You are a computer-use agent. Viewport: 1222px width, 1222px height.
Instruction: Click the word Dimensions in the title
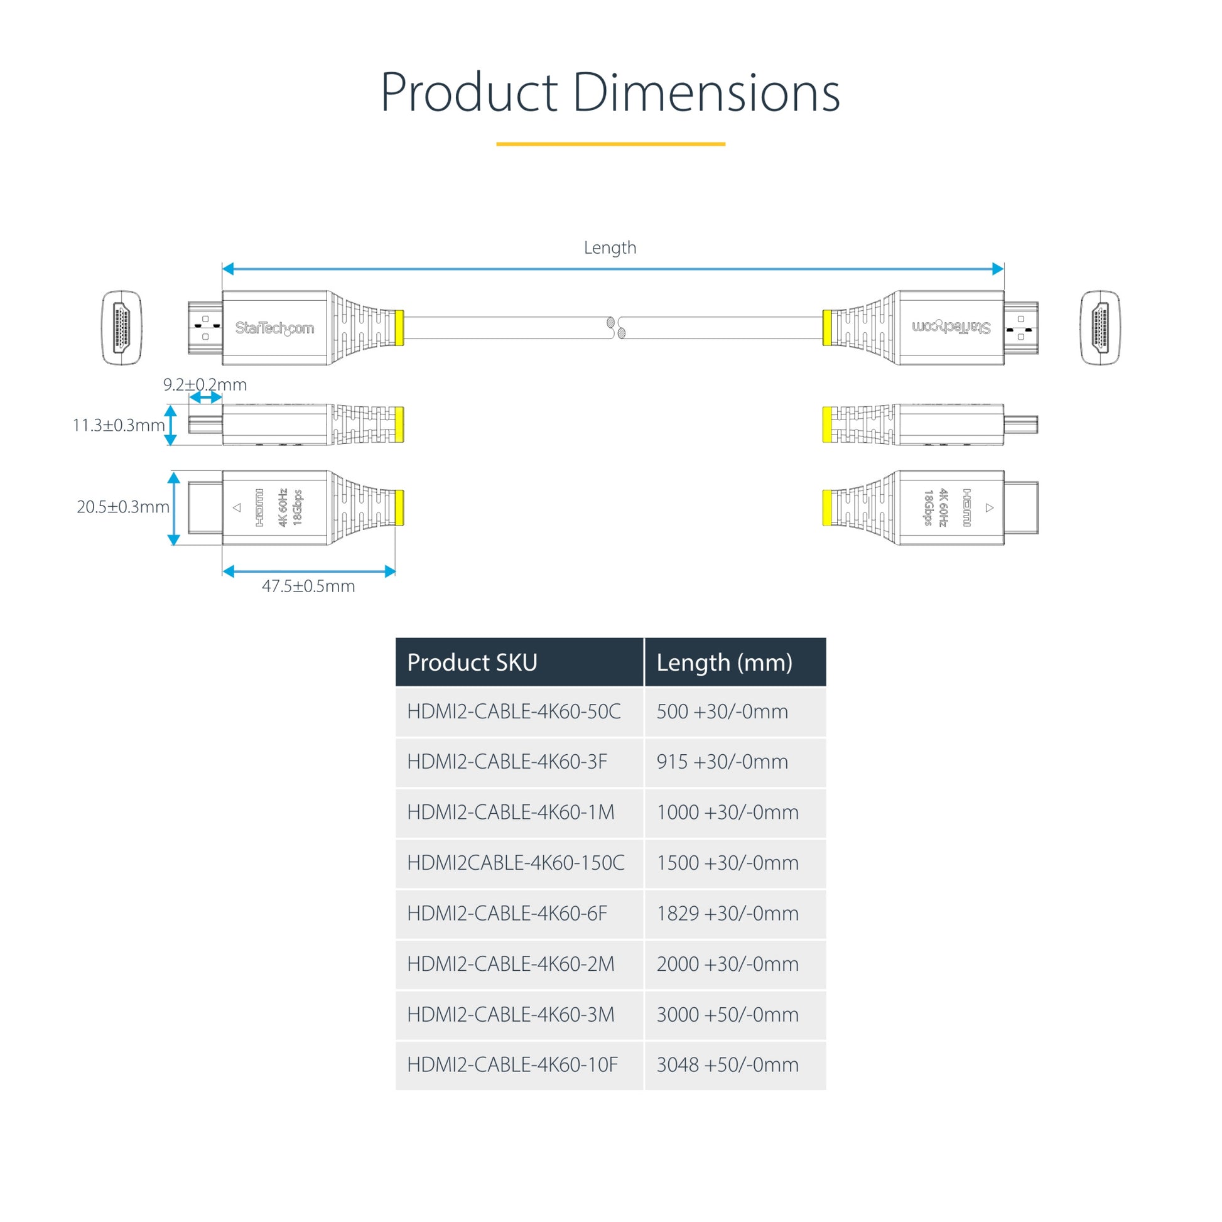click(706, 92)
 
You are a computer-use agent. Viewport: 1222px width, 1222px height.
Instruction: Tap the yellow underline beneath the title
click(610, 144)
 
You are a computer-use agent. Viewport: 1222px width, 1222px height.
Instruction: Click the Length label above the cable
click(610, 247)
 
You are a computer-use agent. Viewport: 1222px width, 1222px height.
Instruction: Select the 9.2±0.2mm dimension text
click(204, 384)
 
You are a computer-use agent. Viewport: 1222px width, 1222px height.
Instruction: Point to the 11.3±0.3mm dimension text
click(118, 425)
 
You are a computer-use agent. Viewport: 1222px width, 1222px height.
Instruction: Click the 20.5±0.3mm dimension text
click(122, 507)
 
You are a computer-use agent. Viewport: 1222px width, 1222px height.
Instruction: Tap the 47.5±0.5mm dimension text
click(308, 586)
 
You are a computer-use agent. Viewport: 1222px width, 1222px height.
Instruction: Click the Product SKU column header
click(472, 662)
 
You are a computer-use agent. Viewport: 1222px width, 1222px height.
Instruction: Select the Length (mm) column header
click(724, 662)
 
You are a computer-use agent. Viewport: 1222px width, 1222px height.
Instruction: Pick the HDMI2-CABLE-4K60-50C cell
click(514, 711)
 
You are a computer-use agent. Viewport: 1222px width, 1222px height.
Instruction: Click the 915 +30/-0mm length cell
click(722, 762)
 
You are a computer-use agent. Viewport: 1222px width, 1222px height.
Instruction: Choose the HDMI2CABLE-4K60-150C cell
click(516, 863)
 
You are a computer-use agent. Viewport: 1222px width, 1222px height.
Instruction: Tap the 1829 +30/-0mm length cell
click(727, 913)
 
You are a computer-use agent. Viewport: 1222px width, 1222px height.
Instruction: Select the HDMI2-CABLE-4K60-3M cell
click(511, 1015)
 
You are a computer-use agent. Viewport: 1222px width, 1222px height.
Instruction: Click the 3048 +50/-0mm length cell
click(727, 1064)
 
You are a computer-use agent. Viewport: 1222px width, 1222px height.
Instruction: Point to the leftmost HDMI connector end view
click(122, 328)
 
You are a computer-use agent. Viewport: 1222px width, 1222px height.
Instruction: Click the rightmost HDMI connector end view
click(1100, 328)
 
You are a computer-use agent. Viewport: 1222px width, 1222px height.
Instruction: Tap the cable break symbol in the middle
click(615, 328)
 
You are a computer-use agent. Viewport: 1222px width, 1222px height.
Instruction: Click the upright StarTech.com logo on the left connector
click(274, 328)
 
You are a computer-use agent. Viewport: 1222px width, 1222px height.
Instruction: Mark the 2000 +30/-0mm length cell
click(727, 964)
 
